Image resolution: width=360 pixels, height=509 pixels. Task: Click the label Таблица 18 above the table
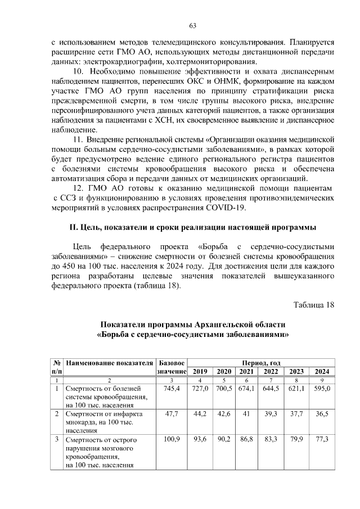pyautogui.click(x=314, y=305)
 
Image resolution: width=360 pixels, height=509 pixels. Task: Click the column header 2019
pyautogui.click(x=200, y=371)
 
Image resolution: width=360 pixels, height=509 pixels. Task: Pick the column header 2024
pyautogui.click(x=322, y=371)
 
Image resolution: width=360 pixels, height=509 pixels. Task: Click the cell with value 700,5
pyautogui.click(x=224, y=389)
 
